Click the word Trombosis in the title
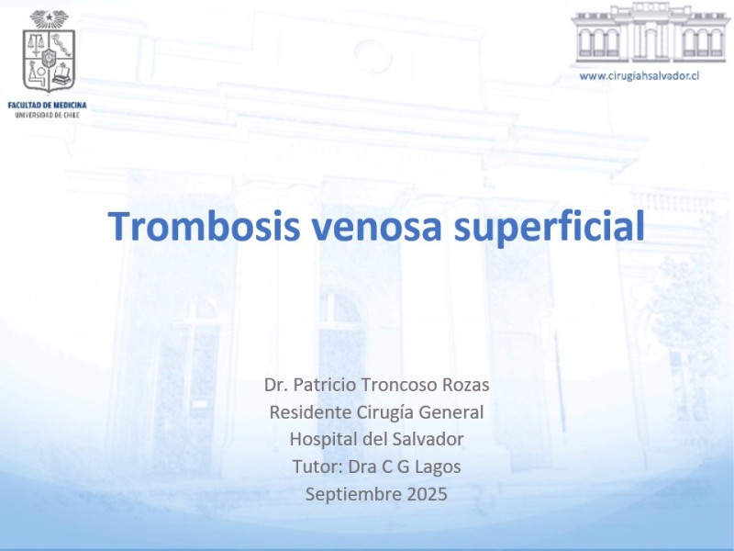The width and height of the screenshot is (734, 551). [x=204, y=226]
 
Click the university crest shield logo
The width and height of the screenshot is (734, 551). [x=50, y=60]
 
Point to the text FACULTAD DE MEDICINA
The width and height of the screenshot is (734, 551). [x=48, y=105]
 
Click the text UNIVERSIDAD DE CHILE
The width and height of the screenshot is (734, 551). [x=48, y=115]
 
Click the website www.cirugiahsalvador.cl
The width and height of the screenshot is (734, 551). [x=639, y=75]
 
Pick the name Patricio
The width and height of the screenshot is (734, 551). [x=326, y=385]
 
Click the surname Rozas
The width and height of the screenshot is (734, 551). [x=466, y=385]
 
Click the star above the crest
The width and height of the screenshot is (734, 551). [x=50, y=17]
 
